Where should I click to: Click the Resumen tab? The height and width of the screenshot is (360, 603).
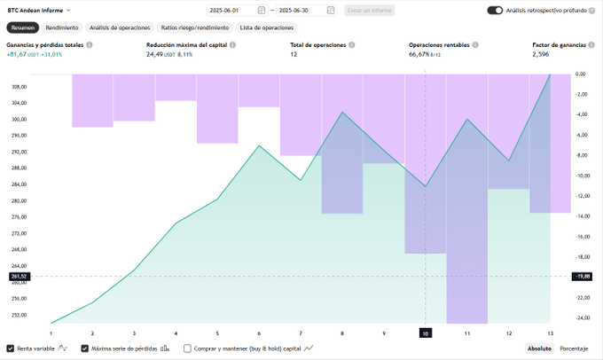(x=23, y=27)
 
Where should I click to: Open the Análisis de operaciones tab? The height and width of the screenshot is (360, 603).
(x=119, y=27)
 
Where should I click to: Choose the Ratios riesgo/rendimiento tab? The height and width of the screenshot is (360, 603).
(x=194, y=27)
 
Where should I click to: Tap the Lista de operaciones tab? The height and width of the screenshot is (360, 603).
(x=266, y=27)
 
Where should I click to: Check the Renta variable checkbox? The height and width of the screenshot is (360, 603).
(x=10, y=348)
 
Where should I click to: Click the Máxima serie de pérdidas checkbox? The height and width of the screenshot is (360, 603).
(x=85, y=348)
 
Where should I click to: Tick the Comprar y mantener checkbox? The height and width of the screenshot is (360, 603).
(x=187, y=348)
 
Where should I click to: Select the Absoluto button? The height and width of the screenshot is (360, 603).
(x=540, y=348)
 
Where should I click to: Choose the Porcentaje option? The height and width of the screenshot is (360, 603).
(x=574, y=348)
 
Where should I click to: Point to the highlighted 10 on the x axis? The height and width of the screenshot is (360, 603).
(x=426, y=333)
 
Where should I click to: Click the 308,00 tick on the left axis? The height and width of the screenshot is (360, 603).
(x=19, y=87)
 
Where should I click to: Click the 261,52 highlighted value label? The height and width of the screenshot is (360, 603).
(x=19, y=277)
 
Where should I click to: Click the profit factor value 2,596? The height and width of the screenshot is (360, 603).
(x=541, y=54)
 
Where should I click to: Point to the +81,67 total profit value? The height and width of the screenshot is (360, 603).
(x=19, y=54)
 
